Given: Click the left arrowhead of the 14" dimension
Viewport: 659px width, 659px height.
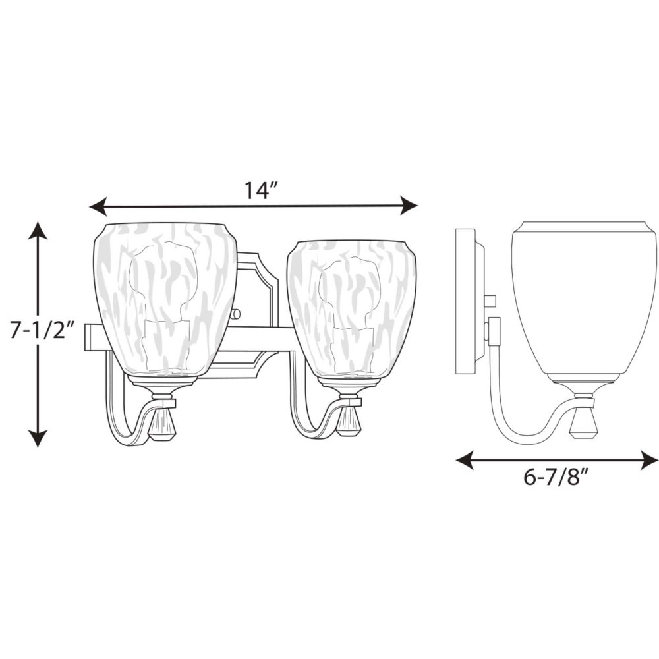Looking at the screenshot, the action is [98, 206].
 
